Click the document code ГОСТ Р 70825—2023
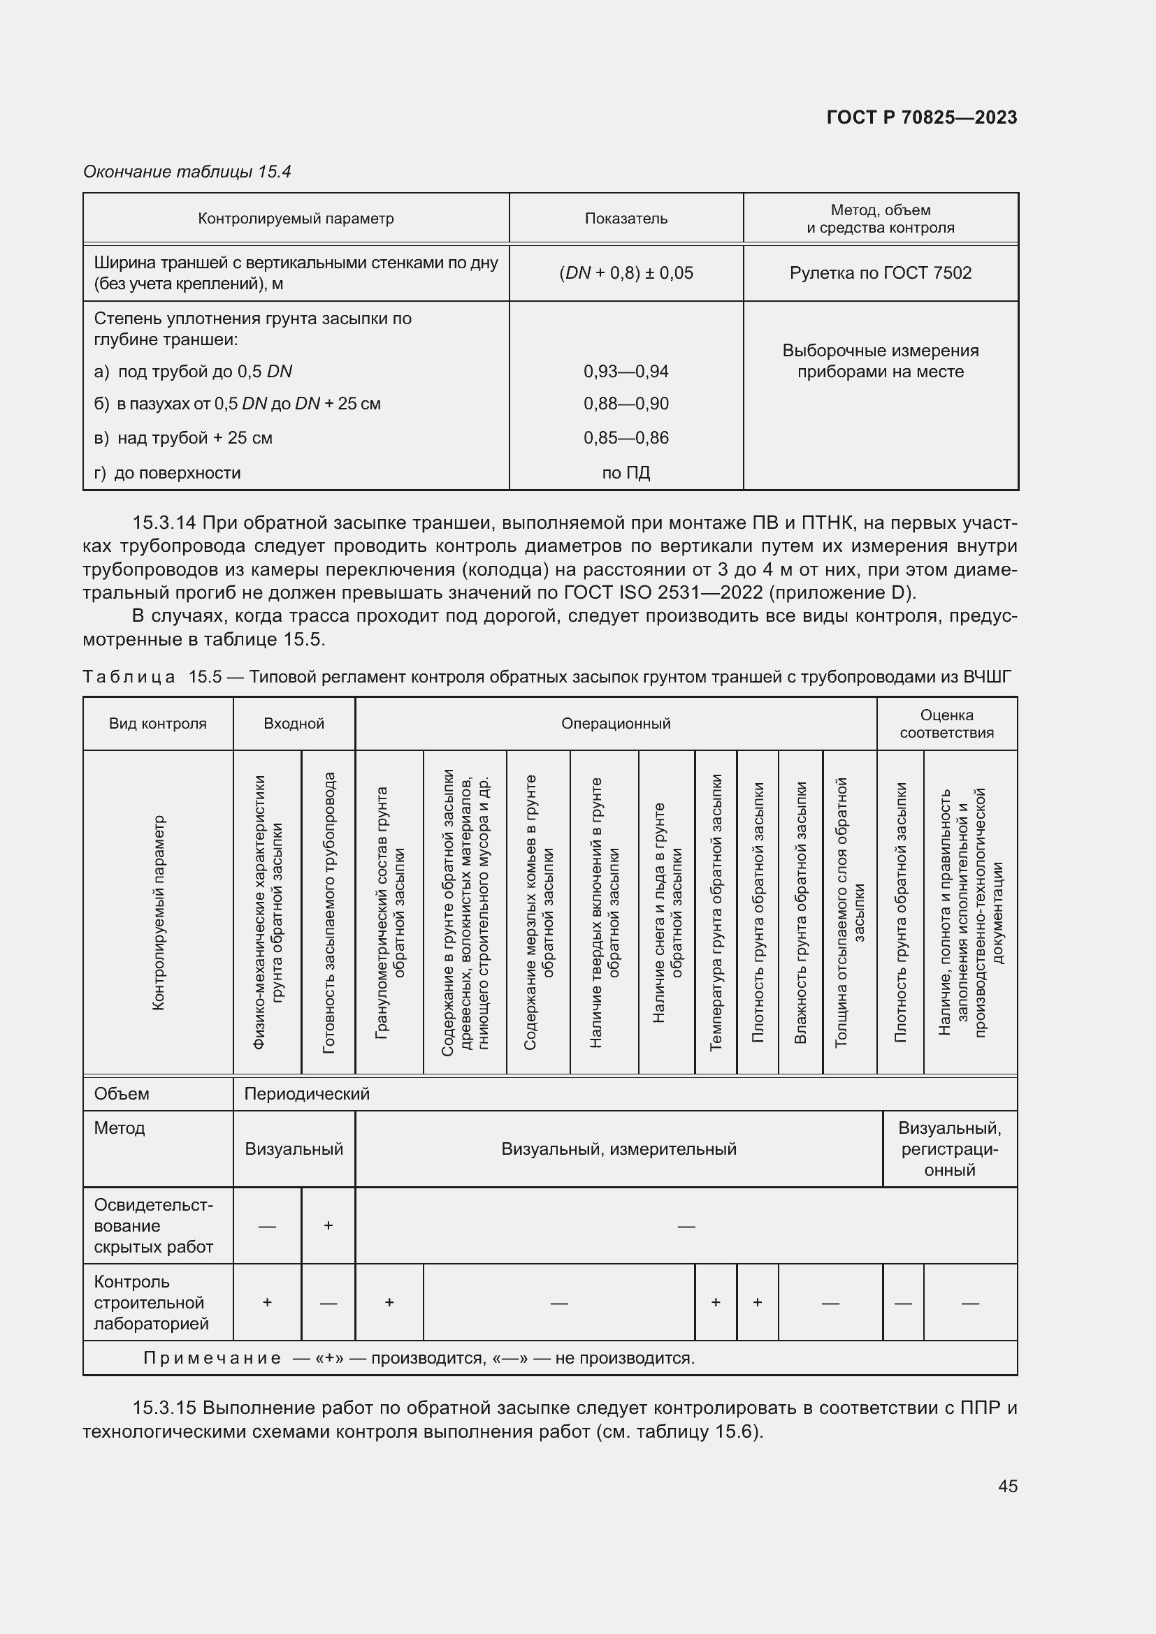pos(921,117)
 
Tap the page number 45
pos(1007,1486)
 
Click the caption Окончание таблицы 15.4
pos(187,172)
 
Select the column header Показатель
pos(626,219)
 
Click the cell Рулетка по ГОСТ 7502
pos(880,273)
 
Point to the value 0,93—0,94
pos(626,372)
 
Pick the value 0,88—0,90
pos(626,404)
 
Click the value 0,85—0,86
pos(626,438)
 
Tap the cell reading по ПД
pos(626,472)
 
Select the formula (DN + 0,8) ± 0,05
pos(626,273)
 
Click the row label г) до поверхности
pos(167,472)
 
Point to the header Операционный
pos(616,724)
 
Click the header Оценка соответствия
pos(946,724)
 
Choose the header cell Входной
pos(294,724)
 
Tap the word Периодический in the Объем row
pos(307,1094)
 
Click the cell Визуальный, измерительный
pos(619,1148)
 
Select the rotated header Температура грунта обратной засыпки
pos(716,912)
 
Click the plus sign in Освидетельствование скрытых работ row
pos(328,1225)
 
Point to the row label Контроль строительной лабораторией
pos(152,1302)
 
